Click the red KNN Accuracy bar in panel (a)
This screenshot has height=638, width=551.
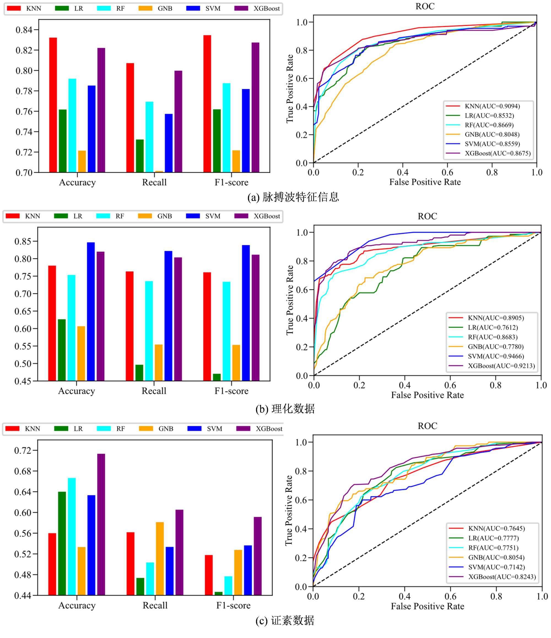coord(53,105)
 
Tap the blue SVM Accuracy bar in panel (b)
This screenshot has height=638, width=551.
coord(91,311)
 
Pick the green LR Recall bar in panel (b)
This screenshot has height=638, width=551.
coord(139,372)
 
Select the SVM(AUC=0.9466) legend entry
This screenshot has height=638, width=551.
coord(496,356)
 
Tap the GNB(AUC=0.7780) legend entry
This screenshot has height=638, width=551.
coord(495,347)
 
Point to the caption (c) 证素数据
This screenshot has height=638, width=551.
coord(285,620)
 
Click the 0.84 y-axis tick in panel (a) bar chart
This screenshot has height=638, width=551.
coord(24,30)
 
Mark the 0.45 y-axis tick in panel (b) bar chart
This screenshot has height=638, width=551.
coord(23,381)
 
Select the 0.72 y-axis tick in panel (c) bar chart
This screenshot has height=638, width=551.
coord(23,451)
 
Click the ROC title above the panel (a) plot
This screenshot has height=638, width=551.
coord(425,6)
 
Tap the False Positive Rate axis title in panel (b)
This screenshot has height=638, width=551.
coord(427,395)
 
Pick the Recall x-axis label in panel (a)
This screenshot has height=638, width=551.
coord(154,182)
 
